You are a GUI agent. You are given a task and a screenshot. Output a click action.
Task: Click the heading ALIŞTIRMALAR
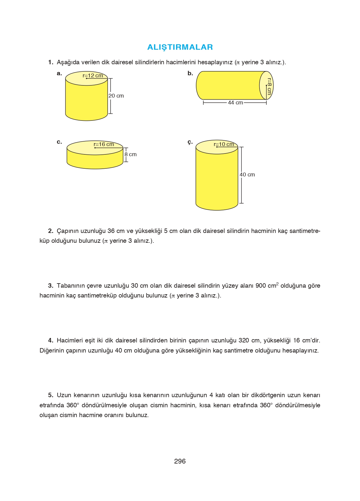point(180,47)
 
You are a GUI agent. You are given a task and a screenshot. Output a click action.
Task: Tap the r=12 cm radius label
point(93,76)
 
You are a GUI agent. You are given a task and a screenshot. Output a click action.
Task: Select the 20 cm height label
point(116,96)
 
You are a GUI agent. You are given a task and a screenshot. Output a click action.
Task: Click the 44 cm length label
point(235,103)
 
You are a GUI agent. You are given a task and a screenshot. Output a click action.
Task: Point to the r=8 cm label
point(269,86)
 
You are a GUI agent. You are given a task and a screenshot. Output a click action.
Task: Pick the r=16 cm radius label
point(104,144)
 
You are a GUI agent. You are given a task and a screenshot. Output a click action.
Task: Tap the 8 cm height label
point(131,154)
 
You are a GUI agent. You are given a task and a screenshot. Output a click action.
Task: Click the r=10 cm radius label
point(224,144)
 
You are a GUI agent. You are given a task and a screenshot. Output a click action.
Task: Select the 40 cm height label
point(247,175)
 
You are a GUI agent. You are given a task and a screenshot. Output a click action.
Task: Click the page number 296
point(180,461)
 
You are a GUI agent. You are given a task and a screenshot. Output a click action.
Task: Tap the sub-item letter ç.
point(190,142)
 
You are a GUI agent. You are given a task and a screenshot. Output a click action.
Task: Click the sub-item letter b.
point(190,73)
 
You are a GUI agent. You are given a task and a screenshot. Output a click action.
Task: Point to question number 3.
point(51,286)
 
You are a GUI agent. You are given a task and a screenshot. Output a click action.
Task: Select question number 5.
point(51,395)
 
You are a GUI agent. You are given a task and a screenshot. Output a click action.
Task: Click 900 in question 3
point(260,286)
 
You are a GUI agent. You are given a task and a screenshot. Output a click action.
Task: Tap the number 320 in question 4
point(244,340)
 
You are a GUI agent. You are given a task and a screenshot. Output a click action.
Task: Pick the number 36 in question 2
point(111,231)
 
